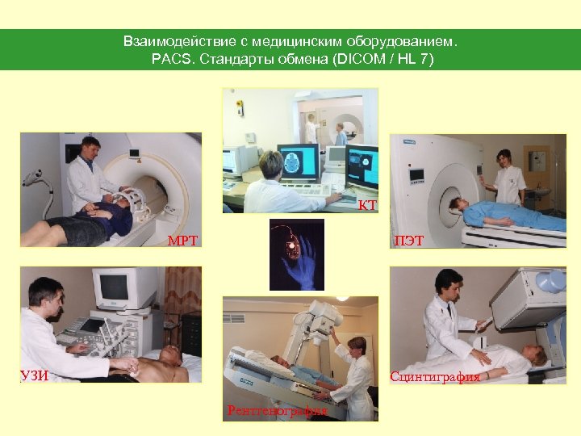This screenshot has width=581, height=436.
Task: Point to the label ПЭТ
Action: point(409,240)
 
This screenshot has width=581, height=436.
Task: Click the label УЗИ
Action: point(33,375)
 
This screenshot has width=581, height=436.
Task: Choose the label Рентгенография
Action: point(277,411)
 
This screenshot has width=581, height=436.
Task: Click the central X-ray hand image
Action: point(296,254)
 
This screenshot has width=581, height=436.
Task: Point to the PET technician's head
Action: point(504,159)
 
